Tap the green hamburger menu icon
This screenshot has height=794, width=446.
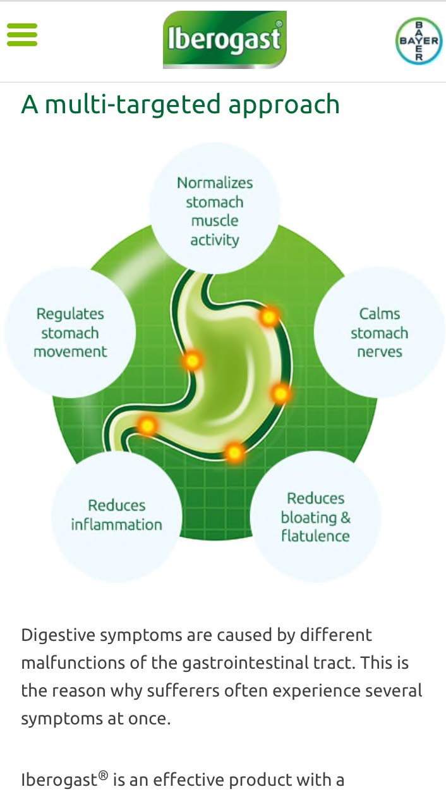(22, 35)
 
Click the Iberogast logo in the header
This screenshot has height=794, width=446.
(224, 39)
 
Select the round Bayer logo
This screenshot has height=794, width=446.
(418, 40)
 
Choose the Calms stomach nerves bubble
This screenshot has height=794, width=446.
(379, 332)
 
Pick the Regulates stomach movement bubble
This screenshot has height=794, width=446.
(70, 332)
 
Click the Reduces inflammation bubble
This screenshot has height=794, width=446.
(116, 515)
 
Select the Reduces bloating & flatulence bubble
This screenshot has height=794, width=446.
(315, 517)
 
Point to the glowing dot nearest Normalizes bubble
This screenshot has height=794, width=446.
(269, 316)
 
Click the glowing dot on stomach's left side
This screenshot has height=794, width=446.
(192, 361)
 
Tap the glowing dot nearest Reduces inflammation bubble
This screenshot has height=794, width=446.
(147, 425)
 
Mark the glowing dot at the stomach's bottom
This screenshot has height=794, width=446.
(234, 452)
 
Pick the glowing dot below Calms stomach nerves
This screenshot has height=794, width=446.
(280, 394)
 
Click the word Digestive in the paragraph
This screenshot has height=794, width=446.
(55, 635)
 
